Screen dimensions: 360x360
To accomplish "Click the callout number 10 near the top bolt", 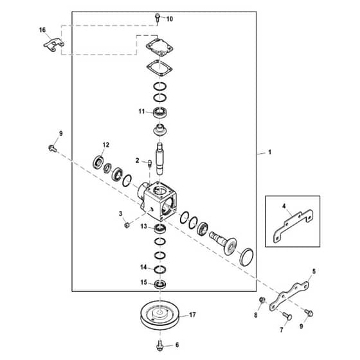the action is pyautogui.click(x=170, y=19).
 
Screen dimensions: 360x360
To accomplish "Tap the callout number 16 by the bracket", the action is pyautogui.click(x=42, y=30).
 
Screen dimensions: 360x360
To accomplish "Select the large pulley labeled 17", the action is pyautogui.click(x=160, y=315).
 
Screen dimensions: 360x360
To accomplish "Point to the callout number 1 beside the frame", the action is pyautogui.click(x=270, y=152).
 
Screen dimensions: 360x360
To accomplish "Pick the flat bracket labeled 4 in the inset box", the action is pyautogui.click(x=293, y=226).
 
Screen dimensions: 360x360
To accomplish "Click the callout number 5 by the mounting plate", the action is pyautogui.click(x=314, y=271).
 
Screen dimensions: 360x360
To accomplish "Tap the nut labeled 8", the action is pyautogui.click(x=262, y=300).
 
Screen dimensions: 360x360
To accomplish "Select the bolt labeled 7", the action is pyautogui.click(x=287, y=316).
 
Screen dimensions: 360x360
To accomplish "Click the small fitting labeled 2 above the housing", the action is pyautogui.click(x=149, y=163).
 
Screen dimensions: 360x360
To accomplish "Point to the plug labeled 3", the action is pyautogui.click(x=127, y=226).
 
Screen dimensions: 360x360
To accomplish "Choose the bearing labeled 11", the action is pyautogui.click(x=160, y=113).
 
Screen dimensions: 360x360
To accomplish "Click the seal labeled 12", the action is pyautogui.click(x=99, y=162).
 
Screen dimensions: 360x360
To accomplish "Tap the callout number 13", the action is pyautogui.click(x=144, y=226).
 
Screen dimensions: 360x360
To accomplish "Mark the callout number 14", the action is pyautogui.click(x=143, y=267).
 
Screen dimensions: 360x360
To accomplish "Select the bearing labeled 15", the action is pyautogui.click(x=160, y=284).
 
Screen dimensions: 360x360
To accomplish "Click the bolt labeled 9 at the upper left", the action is pyautogui.click(x=53, y=148).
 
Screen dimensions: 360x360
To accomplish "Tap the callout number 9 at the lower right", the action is pyautogui.click(x=301, y=326).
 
